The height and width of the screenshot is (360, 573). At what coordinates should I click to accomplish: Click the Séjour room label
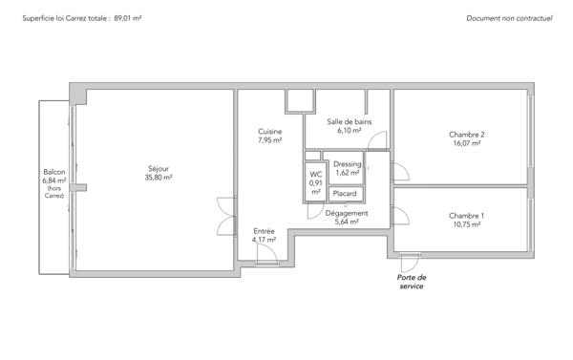159,168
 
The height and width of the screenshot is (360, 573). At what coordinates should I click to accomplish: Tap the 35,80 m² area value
159,178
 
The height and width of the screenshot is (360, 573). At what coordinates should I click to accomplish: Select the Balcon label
53,171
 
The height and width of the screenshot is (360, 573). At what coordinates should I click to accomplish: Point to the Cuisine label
269,131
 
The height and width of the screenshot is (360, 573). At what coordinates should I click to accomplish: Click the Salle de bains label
349,121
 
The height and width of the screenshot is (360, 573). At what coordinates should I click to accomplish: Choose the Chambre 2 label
467,135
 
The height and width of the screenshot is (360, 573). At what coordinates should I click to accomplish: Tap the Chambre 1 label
467,216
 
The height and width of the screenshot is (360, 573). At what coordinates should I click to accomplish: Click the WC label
315,174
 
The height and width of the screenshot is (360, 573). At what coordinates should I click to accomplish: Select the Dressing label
348,164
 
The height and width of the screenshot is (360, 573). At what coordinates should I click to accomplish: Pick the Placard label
344,194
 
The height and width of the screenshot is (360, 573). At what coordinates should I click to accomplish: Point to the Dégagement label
347,213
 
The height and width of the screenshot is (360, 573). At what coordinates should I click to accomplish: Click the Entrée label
265,231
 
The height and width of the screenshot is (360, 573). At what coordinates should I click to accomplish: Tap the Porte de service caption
411,281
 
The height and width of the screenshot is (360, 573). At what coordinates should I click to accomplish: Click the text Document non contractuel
509,18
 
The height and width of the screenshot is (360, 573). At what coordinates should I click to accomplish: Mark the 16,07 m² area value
467,144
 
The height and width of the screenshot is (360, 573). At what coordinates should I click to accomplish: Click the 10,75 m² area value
467,225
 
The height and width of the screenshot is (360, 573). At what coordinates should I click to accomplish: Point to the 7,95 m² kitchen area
269,140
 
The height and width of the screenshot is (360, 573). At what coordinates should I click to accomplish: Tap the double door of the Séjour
225,214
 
